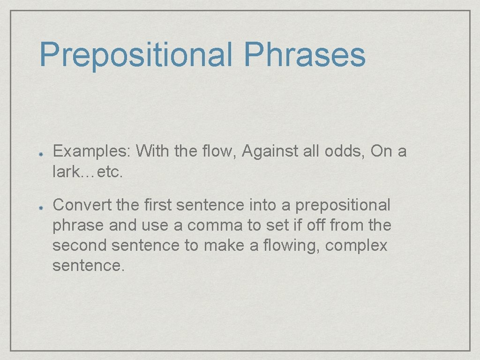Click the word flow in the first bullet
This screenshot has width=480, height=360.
(x=223, y=151)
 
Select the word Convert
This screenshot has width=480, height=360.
(x=80, y=205)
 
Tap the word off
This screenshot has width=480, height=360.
(x=315, y=225)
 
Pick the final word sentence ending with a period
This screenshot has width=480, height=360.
(x=89, y=266)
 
